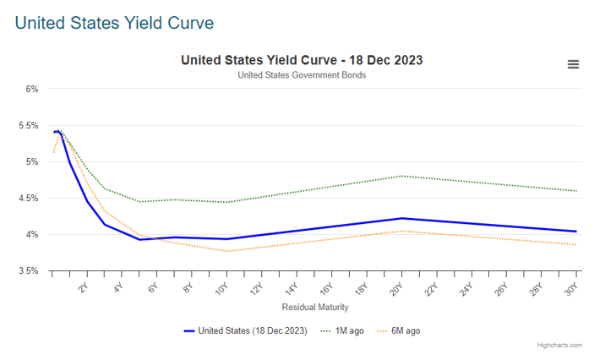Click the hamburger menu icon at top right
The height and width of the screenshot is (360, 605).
point(573,64)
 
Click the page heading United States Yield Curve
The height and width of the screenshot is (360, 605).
point(114,22)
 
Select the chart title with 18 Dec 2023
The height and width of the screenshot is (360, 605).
point(302,60)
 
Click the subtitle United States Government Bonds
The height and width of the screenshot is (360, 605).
point(302,75)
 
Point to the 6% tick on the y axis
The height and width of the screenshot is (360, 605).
point(31,89)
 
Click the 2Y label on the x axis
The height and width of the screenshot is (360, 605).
point(83,287)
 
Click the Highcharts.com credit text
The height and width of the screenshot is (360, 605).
point(559,346)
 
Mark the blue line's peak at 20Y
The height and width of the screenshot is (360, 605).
point(401,218)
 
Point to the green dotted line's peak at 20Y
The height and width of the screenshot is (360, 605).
point(401,176)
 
